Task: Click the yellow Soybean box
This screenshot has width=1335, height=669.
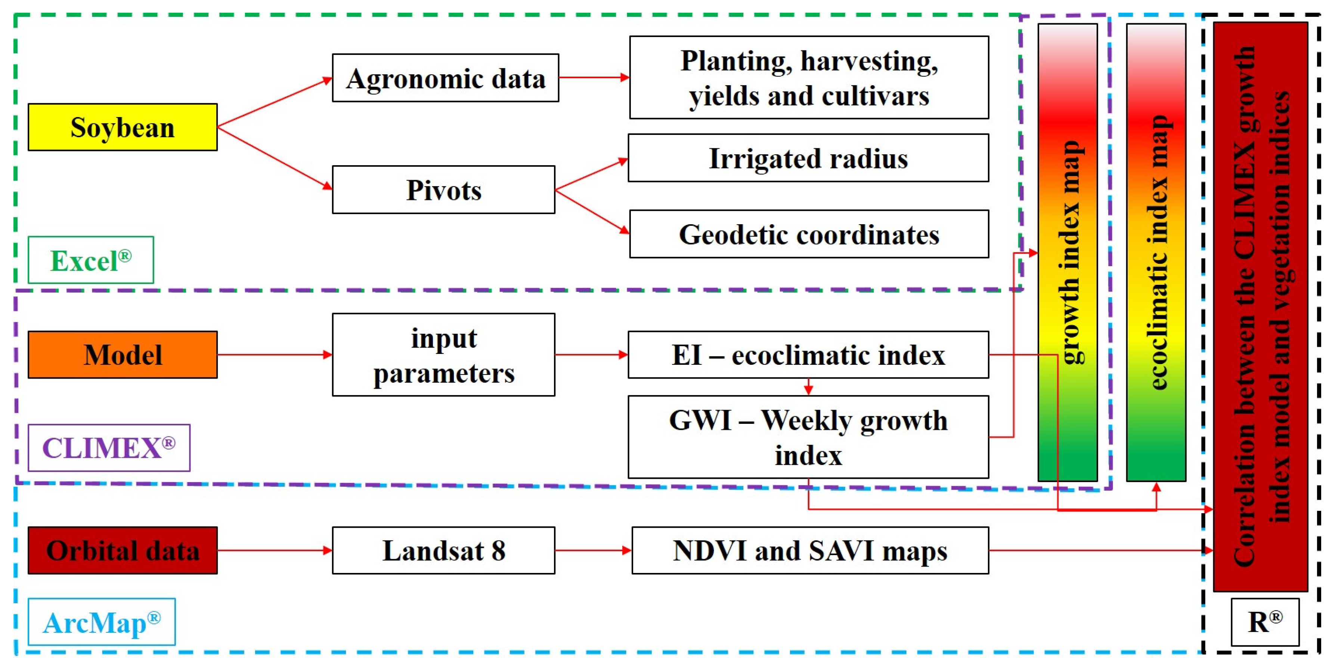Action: point(122,127)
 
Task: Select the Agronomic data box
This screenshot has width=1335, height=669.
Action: point(445,78)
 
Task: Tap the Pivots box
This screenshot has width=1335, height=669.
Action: point(444,190)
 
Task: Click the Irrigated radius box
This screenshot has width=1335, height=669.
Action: point(808,158)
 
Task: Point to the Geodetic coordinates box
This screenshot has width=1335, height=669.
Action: point(808,234)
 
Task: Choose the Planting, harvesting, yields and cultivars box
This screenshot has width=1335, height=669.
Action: point(808,78)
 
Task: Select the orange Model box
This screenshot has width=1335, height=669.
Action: point(122,355)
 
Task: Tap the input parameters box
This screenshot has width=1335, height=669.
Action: point(444,355)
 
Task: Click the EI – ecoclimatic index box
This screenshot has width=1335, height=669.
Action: point(808,355)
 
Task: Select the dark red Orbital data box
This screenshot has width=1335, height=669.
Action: point(122,550)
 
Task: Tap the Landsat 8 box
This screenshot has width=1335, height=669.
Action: point(444,550)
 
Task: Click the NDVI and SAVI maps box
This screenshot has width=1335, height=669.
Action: point(810,550)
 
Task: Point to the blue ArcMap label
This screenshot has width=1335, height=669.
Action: point(102,622)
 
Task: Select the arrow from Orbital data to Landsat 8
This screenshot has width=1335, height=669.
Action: point(275,550)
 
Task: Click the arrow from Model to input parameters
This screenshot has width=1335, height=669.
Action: point(275,355)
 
